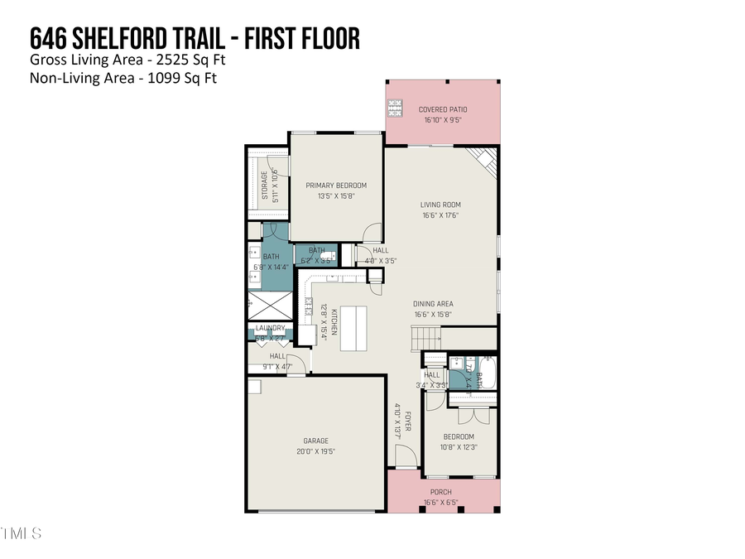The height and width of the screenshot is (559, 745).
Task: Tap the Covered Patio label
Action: coord(443,109)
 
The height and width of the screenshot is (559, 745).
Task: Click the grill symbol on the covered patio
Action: coord(395,108)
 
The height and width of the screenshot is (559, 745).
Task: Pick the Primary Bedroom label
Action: coord(335,186)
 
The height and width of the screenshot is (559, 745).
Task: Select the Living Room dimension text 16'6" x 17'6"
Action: coord(440,215)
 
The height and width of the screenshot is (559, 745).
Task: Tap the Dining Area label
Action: coord(434,304)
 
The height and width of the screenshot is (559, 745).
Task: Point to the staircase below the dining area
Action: coord(425,338)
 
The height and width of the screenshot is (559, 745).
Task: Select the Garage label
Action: coord(315,441)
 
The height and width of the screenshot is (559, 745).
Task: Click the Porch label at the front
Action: coord(441,492)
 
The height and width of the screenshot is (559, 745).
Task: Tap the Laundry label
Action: coord(270,328)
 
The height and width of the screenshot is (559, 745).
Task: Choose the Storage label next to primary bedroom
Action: coord(266,185)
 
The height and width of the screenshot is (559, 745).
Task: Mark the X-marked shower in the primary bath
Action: coord(270,306)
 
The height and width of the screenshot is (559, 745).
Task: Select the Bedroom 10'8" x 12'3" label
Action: coord(458,436)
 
